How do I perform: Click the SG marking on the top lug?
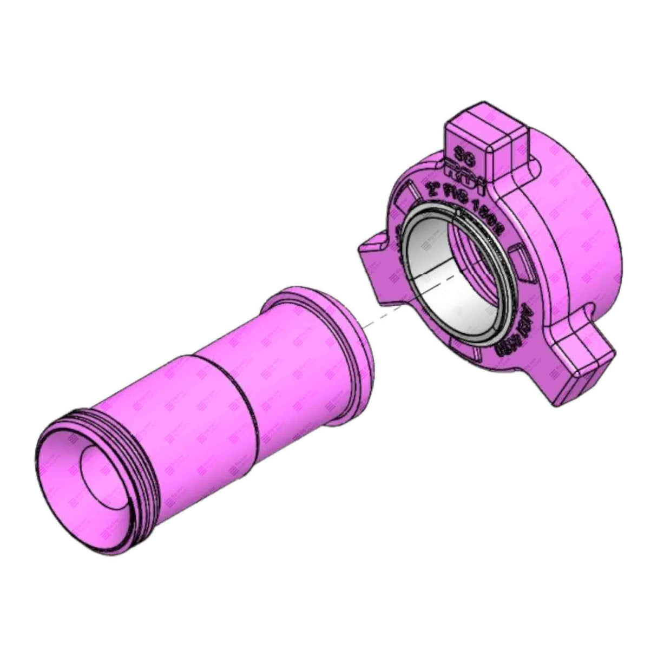pyautogui.click(x=462, y=153)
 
